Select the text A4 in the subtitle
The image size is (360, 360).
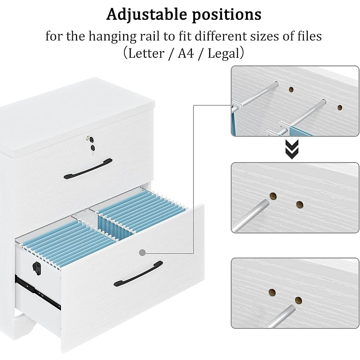point(186,54)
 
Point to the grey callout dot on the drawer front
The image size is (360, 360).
point(142,253)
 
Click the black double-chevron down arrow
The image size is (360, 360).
point(292,149)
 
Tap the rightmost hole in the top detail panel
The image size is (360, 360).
point(340,107)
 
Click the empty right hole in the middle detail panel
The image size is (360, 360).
point(299,205)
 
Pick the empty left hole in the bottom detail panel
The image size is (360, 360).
point(272,292)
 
